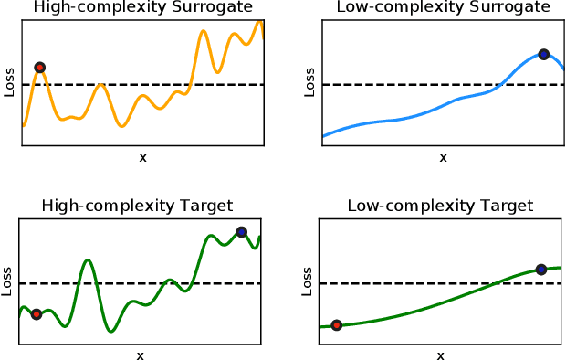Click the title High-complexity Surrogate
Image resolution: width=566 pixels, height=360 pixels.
142,8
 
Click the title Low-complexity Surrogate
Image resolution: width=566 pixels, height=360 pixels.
443,8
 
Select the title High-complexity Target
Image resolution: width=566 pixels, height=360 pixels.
138,206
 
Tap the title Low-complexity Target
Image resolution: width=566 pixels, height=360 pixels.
440,206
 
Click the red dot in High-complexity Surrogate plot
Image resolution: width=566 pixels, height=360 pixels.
39,68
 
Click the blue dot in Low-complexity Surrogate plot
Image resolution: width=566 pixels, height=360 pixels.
543,55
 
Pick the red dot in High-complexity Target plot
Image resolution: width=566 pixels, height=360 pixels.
37,314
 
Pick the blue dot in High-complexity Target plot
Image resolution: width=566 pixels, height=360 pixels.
241,232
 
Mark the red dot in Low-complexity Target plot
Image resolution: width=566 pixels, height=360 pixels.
337,325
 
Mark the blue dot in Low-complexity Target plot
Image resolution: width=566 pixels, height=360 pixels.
541,270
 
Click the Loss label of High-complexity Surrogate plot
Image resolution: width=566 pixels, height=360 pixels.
10,83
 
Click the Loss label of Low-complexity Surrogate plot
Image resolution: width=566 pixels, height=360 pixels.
309,83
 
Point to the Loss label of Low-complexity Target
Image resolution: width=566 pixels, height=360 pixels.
307,281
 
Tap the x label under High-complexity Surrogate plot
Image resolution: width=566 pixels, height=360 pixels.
142,158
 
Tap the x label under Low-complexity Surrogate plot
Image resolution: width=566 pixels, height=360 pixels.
443,158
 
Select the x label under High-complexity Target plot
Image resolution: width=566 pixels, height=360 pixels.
140,355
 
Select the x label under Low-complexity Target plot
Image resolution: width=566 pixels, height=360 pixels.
440,355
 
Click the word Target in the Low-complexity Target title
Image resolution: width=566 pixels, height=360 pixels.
508,206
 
